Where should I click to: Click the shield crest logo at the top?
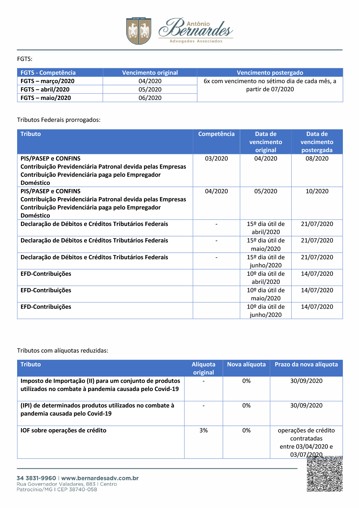point(139,31)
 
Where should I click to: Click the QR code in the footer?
point(325,474)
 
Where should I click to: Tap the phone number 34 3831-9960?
point(36,478)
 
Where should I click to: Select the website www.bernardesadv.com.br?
point(100,478)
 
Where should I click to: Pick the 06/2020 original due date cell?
point(150,98)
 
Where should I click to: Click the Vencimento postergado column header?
point(270,73)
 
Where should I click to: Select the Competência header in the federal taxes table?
point(216,134)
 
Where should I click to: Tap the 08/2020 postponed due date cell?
point(317,158)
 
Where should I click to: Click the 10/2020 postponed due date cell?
point(317,191)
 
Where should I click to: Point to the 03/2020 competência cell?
point(216,158)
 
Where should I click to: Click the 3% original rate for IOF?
point(203,430)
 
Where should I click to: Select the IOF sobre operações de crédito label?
point(63,430)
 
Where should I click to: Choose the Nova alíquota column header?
point(246,364)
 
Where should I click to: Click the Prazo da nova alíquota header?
point(306,364)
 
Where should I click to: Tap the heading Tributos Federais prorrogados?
point(59,120)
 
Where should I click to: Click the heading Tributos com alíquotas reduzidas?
point(63,350)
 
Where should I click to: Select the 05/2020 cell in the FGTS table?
point(150,89)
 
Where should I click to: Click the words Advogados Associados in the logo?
point(196,41)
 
